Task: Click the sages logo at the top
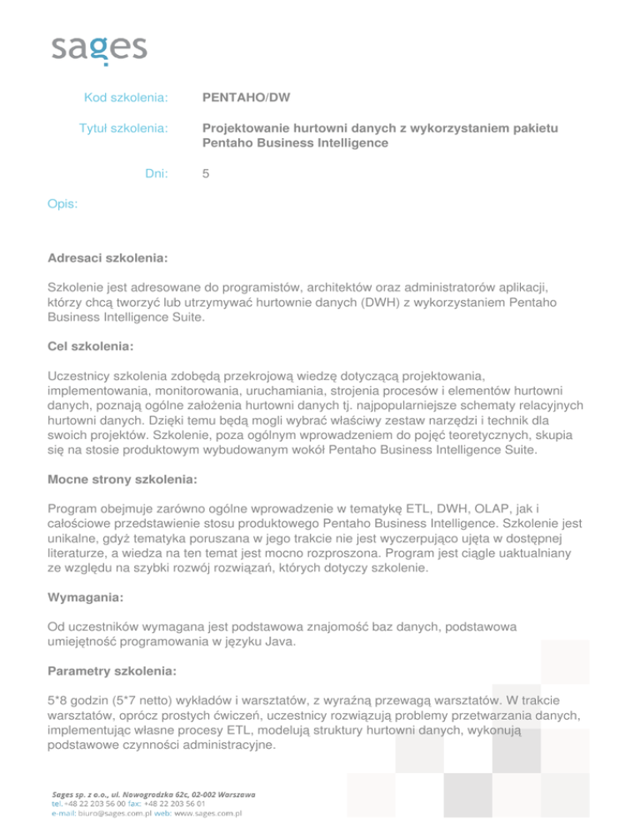coord(99,48)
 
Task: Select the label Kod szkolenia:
coord(127,98)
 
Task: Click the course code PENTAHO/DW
coord(246,98)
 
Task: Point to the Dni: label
coord(156,174)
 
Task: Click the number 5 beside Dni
coord(207,174)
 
